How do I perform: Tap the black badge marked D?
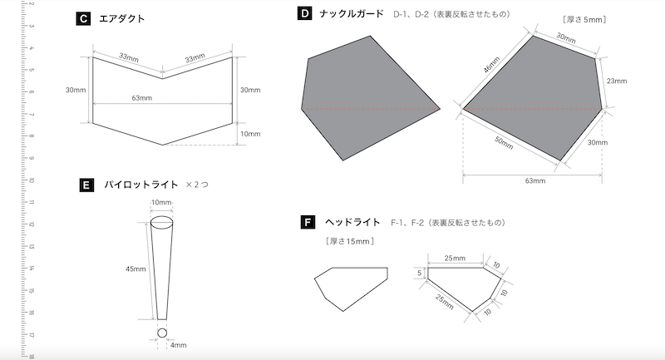(x=305, y=14)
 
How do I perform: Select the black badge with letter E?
(x=86, y=185)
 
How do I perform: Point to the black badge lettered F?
(x=308, y=222)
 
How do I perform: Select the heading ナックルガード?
(x=352, y=14)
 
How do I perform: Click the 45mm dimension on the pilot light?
(x=135, y=269)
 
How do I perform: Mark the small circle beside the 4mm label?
(x=162, y=333)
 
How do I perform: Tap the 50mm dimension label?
(x=505, y=142)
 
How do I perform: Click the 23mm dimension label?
(x=617, y=81)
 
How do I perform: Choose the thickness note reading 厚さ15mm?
(x=349, y=242)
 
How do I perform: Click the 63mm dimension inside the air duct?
(x=141, y=98)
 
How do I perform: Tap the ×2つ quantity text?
(x=197, y=185)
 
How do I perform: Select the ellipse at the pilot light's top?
(x=162, y=223)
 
